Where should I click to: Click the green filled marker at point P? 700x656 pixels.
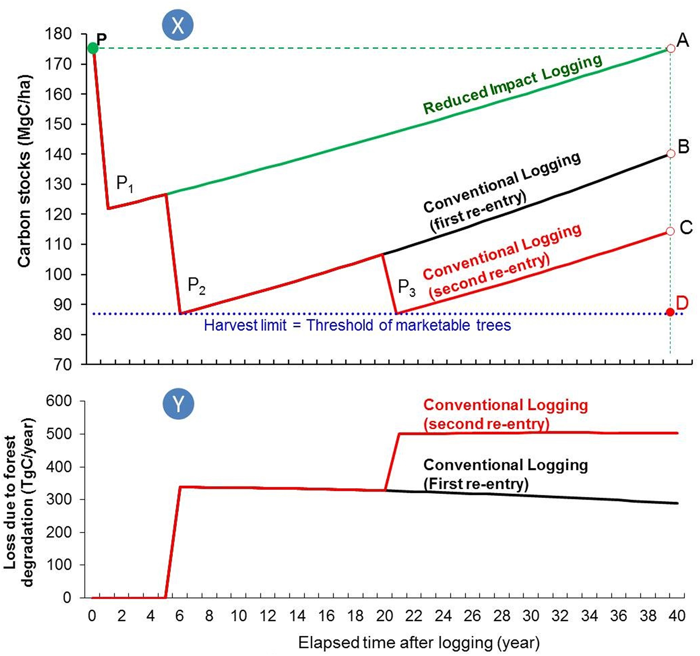(x=92, y=48)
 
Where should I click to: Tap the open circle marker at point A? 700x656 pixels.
(x=670, y=49)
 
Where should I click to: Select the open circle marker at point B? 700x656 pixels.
(x=670, y=154)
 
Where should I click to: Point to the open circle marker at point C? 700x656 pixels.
(x=670, y=231)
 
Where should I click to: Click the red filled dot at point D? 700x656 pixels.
(x=670, y=312)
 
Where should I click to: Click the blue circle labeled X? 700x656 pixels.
(x=178, y=25)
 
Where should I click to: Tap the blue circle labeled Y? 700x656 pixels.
(x=178, y=404)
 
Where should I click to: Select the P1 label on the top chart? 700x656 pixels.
(x=124, y=184)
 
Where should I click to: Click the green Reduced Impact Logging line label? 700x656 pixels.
(x=512, y=84)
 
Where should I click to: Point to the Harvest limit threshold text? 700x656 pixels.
(x=357, y=325)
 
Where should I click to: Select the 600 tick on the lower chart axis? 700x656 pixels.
(x=58, y=401)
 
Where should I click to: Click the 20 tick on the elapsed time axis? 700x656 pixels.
(x=384, y=616)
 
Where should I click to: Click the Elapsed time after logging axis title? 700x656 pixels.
(x=419, y=643)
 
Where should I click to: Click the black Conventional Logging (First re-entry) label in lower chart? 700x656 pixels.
(x=505, y=474)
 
